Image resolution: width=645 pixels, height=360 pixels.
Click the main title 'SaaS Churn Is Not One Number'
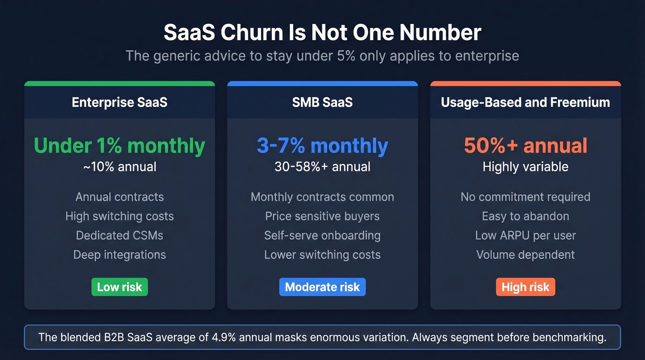(x=322, y=33)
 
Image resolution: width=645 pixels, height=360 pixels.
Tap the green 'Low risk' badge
(x=119, y=287)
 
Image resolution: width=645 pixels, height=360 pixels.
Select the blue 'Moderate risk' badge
(x=322, y=287)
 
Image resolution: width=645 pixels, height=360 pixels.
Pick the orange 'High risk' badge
(x=525, y=287)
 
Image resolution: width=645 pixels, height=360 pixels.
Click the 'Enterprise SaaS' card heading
(x=119, y=102)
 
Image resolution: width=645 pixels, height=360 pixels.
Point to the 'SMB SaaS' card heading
(x=322, y=102)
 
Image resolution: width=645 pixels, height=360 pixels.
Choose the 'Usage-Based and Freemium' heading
(x=525, y=102)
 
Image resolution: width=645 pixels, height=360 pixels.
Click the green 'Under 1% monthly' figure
(x=119, y=146)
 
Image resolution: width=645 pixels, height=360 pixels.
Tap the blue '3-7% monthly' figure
(x=322, y=146)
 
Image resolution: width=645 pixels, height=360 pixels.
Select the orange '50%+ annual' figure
(x=525, y=146)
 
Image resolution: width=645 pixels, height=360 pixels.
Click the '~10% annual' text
(x=119, y=166)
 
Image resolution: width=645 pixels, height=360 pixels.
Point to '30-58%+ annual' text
(x=322, y=166)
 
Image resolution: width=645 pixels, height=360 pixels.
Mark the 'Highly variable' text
(x=525, y=166)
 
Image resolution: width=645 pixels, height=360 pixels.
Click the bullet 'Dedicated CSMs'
(x=119, y=235)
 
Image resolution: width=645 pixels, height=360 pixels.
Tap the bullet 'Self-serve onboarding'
(x=322, y=235)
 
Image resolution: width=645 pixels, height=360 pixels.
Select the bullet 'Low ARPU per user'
(x=525, y=235)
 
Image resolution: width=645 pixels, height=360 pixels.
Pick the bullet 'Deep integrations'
(x=119, y=254)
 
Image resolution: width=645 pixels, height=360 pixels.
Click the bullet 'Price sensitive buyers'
(x=322, y=216)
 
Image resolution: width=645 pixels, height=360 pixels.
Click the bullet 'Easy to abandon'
(x=525, y=216)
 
